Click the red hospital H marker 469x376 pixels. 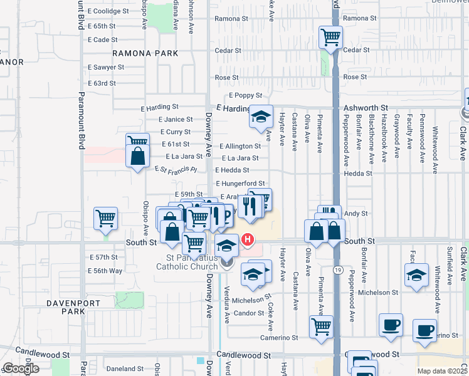(248, 239)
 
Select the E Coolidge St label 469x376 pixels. (108, 11)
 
